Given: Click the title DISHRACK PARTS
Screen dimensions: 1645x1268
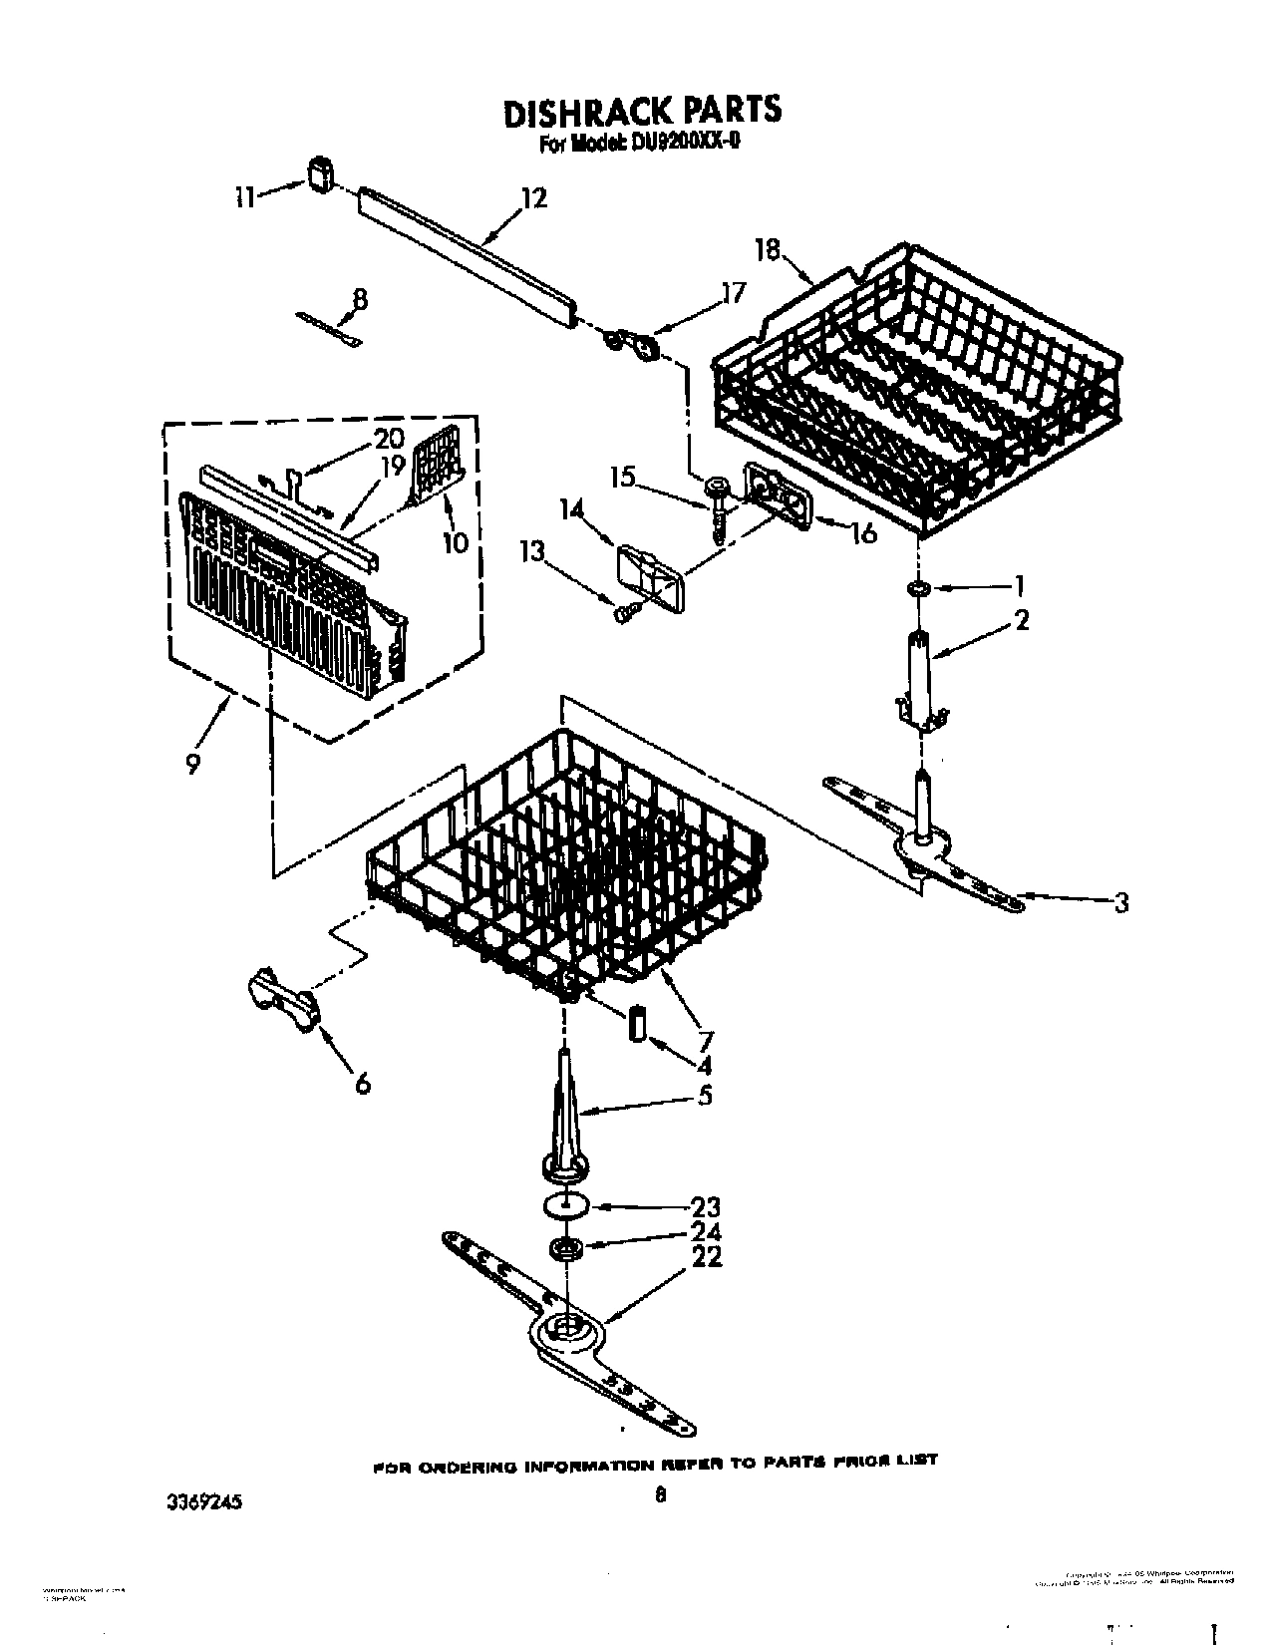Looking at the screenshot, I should tap(641, 111).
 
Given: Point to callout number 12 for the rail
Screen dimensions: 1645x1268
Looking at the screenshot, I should tap(534, 198).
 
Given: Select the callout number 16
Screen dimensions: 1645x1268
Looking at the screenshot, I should tap(863, 532).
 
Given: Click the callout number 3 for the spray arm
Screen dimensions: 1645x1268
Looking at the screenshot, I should tap(1122, 903).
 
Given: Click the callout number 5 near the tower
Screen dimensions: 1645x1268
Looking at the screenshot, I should tap(705, 1096).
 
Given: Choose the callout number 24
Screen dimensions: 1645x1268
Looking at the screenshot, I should tap(705, 1233).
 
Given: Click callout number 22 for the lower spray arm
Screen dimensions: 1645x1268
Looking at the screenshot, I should tap(705, 1258).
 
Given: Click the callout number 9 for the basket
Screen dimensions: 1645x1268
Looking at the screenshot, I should tap(192, 763).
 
